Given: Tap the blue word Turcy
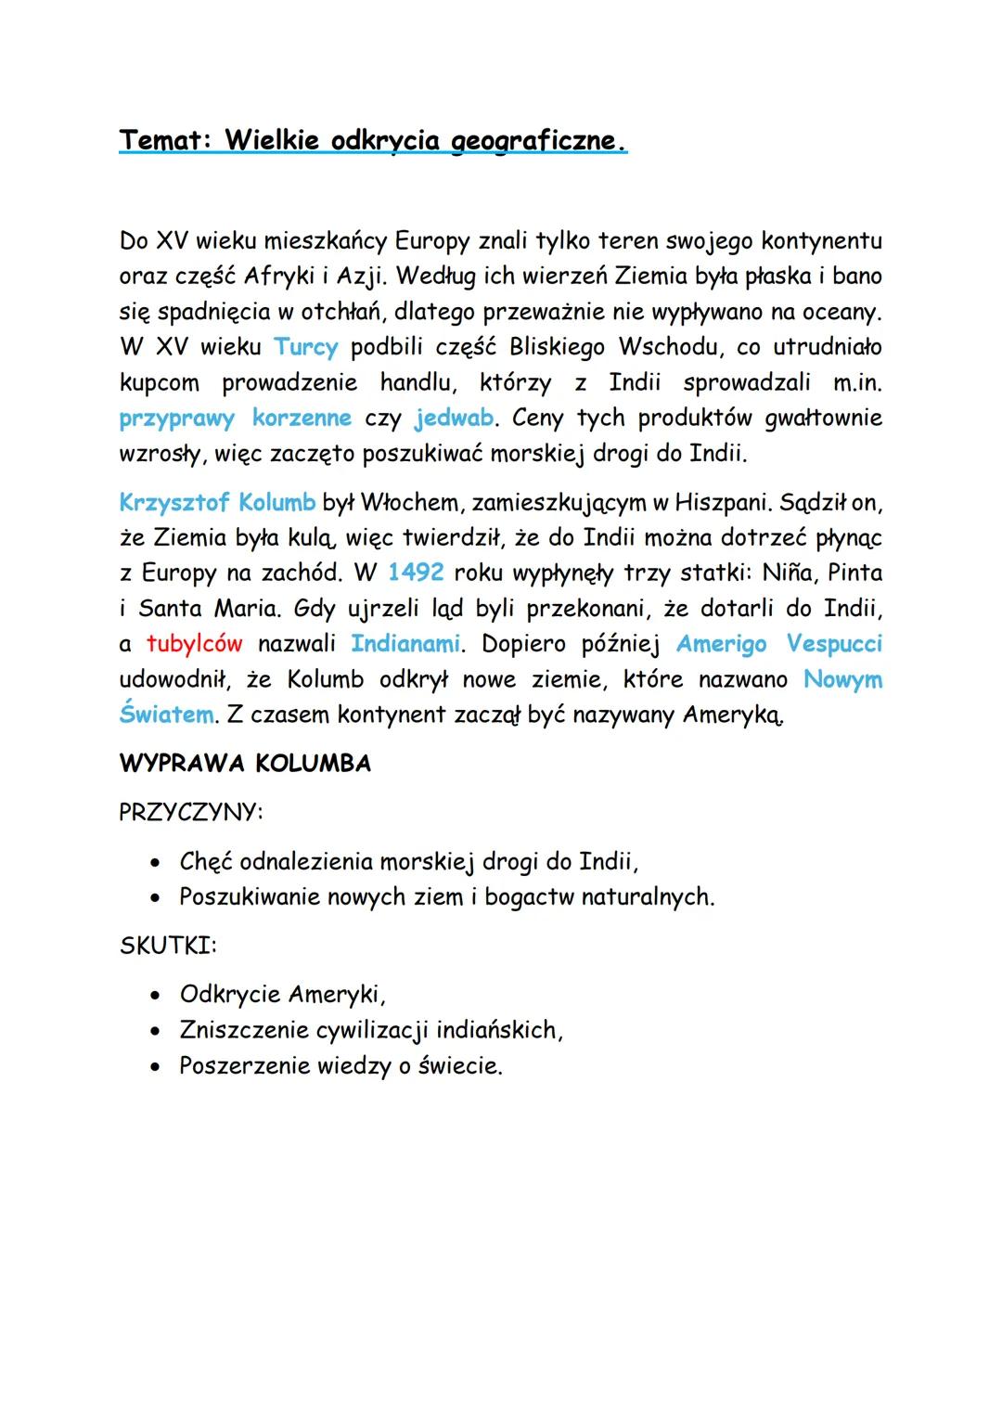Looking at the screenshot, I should coord(306,347).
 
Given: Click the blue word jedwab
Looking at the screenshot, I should coord(454,418).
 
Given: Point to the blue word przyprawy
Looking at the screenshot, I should coord(177,419).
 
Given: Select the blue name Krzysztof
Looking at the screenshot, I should coord(173,502).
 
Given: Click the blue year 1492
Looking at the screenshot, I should coord(416,573).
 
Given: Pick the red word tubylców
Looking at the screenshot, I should coord(195,643).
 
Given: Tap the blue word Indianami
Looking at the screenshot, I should coord(405,643).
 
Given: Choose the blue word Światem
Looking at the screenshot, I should coord(166,715).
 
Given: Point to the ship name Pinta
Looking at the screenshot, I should coord(854,573).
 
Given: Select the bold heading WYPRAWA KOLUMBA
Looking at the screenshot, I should coord(245,764).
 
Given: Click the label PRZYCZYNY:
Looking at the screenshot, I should coord(191,812).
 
